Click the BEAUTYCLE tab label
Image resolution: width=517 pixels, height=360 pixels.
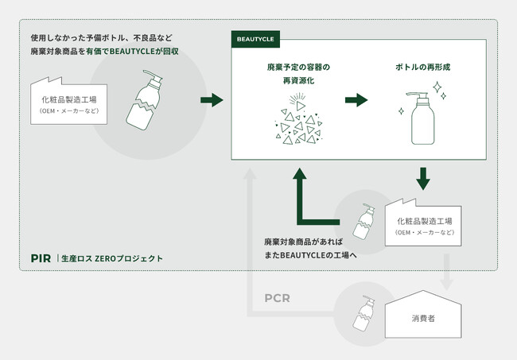253,38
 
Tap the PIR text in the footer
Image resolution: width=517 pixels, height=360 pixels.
41,257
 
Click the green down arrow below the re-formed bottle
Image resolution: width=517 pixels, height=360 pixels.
423,177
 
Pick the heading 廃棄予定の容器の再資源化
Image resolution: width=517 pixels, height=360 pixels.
298,75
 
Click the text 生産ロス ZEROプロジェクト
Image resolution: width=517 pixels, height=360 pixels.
115,258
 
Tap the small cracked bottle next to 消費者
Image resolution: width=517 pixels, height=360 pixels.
363,315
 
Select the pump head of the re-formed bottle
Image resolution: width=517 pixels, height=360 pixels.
415,97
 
